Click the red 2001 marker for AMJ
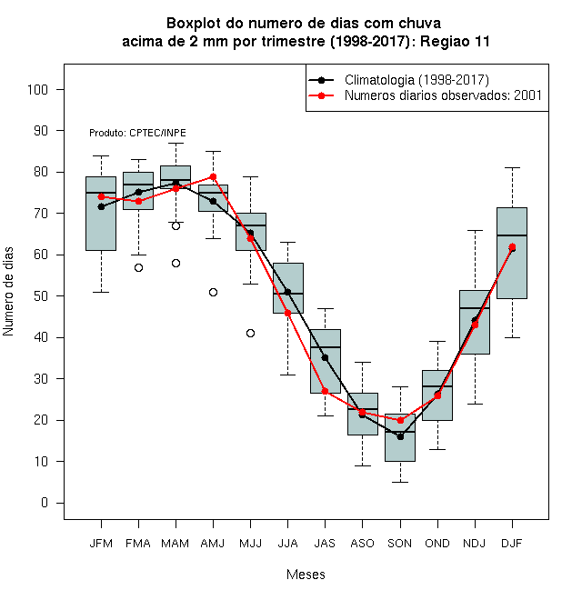tap(214, 176)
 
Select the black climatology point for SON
tap(400, 436)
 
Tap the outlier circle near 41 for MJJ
tap(250, 334)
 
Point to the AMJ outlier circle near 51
tap(214, 293)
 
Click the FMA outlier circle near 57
tap(138, 268)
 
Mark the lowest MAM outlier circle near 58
tap(176, 264)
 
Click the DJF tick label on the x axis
tap(512, 544)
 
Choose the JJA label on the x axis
tap(287, 544)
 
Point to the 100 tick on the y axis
tap(37, 89)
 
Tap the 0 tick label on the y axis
tap(45, 503)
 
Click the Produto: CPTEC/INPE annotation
tap(137, 133)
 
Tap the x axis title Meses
tap(306, 575)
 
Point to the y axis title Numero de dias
tap(8, 292)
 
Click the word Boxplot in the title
tap(194, 24)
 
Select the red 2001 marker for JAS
tap(325, 391)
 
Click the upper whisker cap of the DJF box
tap(512, 167)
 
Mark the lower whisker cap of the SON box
tap(400, 482)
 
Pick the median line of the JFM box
tap(101, 193)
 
